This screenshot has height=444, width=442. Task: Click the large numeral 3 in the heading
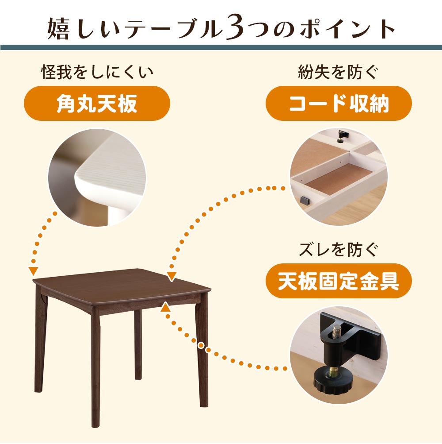[x=234, y=29]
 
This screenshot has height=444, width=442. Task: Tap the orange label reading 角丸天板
[x=97, y=103]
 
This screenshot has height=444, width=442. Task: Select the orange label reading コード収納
[x=339, y=103]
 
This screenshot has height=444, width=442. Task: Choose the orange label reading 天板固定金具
[x=339, y=281]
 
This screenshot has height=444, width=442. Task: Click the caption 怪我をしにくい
[x=97, y=72]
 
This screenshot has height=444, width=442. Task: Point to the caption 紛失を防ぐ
[x=338, y=72]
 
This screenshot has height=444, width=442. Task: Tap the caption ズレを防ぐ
[x=339, y=250]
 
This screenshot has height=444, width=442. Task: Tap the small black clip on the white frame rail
[x=305, y=201]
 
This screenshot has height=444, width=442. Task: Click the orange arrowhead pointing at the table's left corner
[x=34, y=271]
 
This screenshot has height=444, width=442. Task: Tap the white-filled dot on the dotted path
[x=201, y=346]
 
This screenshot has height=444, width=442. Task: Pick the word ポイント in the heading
[x=347, y=29]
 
